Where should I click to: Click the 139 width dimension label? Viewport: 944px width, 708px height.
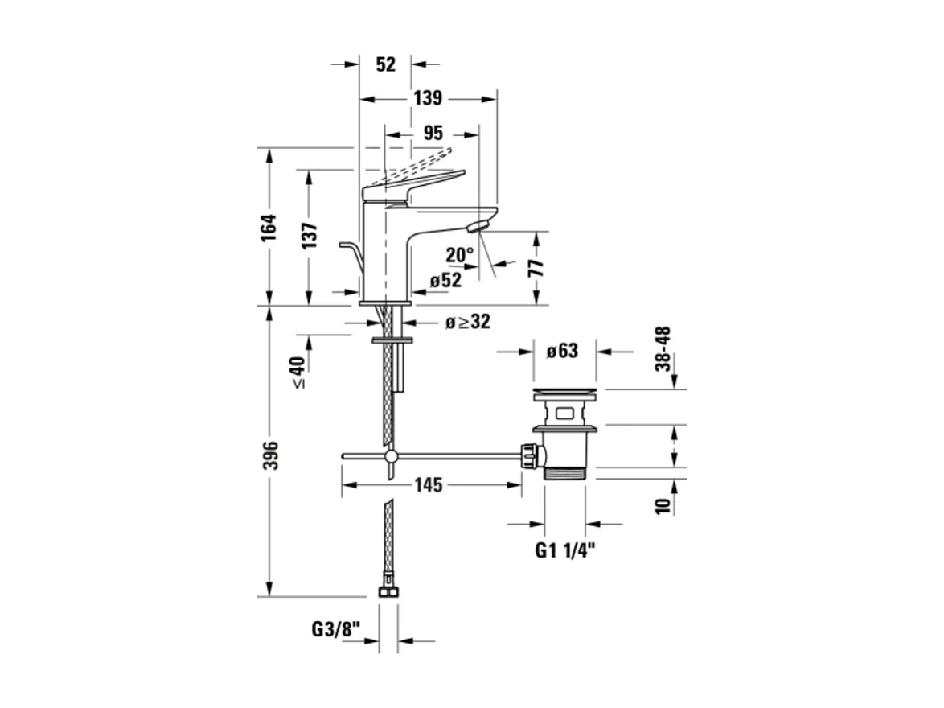point(428,98)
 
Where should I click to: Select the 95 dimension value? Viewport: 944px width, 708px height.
point(432,133)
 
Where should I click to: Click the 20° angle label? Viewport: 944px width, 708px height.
point(460,255)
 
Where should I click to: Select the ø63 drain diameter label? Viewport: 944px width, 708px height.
point(562,351)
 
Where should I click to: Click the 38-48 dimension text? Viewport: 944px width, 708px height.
point(663,348)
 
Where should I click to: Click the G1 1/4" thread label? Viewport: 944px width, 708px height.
point(565,550)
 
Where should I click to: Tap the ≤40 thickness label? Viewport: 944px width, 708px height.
point(298,373)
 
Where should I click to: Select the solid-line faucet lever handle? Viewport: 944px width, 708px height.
point(413,185)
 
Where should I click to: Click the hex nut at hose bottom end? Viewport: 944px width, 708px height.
point(388,590)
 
